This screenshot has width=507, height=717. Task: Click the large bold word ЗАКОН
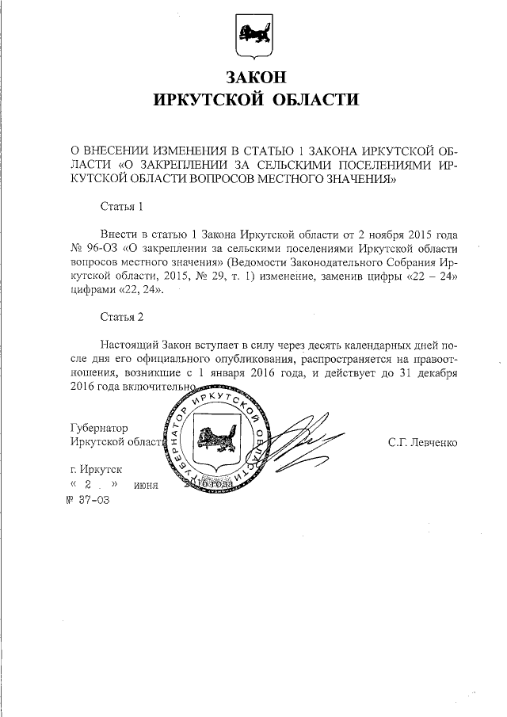point(254,78)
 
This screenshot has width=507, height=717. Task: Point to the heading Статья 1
point(122,208)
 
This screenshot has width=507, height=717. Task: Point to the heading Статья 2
point(122,318)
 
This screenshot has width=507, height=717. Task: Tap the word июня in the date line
point(147,485)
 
